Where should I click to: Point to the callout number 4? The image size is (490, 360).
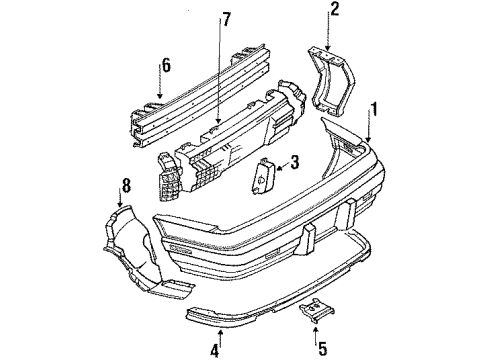pyautogui.click(x=215, y=349)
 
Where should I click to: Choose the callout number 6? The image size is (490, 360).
pyautogui.click(x=165, y=66)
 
